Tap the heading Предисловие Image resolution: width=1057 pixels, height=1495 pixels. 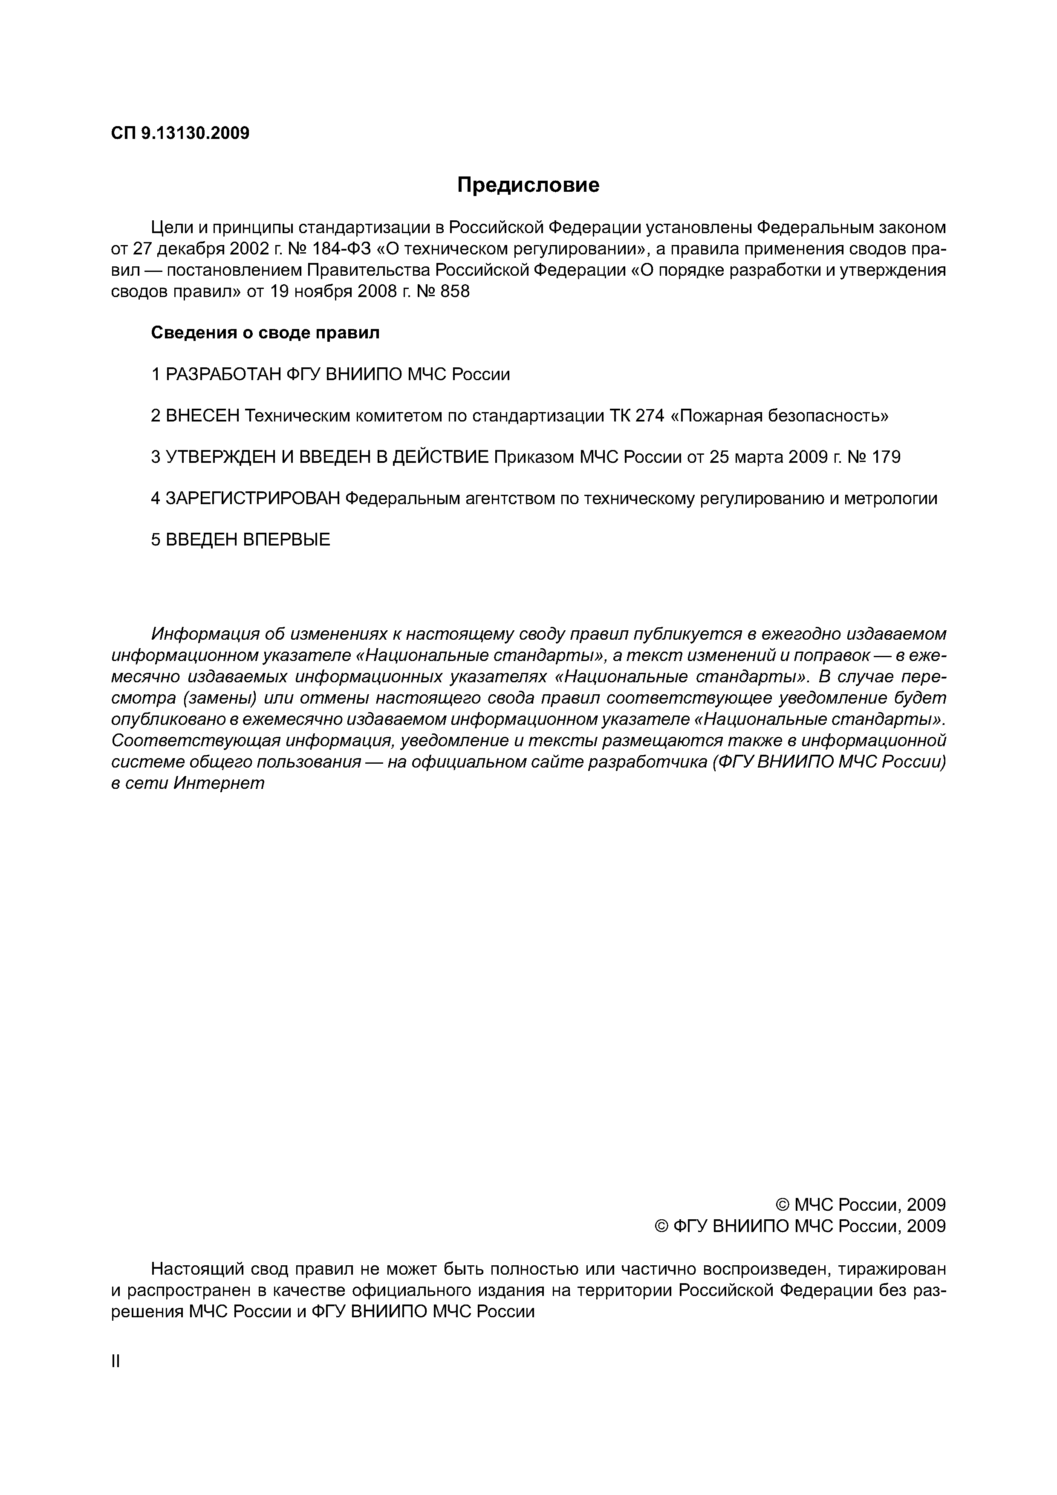528,185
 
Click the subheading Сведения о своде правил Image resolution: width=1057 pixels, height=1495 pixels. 265,333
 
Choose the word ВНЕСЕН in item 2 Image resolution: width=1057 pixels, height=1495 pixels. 203,416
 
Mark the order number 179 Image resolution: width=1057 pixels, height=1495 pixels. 886,457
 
